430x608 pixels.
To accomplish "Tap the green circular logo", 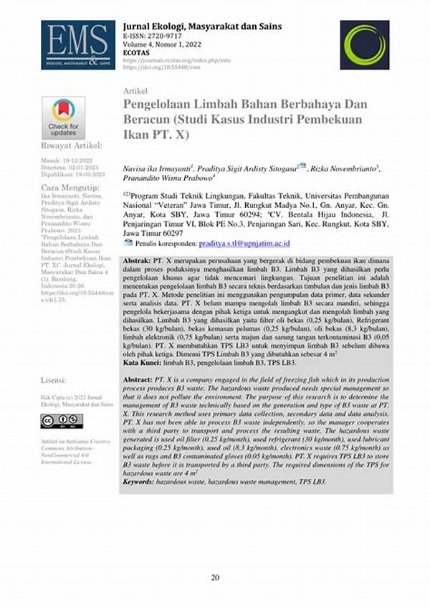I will [364, 44].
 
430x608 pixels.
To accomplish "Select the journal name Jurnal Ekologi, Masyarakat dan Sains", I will [203, 27].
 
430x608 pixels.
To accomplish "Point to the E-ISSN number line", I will [152, 36].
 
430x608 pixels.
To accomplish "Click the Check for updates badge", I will [63, 117].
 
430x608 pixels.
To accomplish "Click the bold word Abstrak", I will [138, 260].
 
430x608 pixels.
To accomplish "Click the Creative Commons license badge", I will [62, 421].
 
